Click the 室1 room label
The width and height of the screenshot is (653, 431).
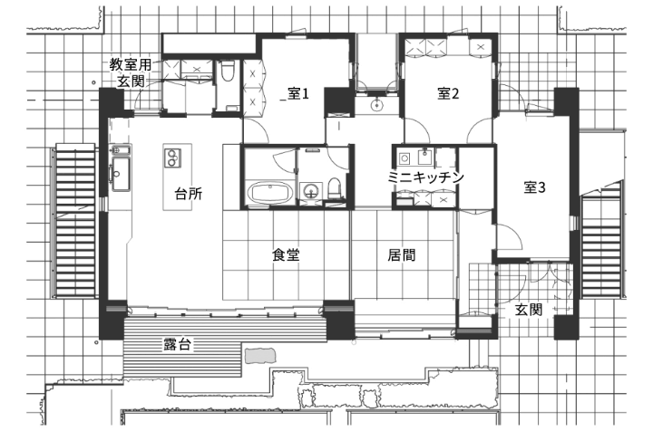[299, 93]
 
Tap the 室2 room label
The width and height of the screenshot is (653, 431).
[449, 93]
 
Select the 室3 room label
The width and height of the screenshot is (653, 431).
[535, 187]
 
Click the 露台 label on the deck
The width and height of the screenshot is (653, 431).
[177, 344]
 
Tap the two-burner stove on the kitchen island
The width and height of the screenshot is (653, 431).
[172, 158]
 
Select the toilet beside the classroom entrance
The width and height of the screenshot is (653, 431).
[228, 71]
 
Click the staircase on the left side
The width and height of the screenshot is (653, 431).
[75, 220]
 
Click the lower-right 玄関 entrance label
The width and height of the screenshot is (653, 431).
[529, 310]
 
